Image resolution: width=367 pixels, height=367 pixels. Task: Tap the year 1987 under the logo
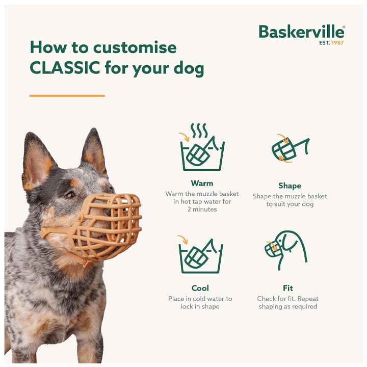point(337,43)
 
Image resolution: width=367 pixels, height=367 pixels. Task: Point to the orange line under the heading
point(67,95)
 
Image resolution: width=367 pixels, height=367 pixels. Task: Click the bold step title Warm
point(202,183)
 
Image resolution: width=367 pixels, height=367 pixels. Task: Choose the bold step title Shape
point(290,186)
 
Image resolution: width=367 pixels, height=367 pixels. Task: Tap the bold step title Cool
point(200,288)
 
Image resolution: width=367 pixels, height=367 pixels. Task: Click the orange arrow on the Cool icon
point(182,239)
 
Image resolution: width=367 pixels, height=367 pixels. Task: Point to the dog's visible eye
point(69,195)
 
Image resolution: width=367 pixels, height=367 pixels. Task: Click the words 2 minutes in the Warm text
point(202,209)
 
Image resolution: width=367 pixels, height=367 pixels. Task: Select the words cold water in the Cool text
point(211,299)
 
